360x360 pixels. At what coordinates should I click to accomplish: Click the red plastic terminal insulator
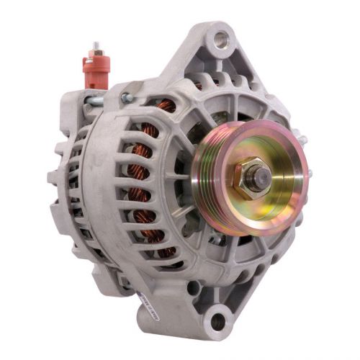point(96,72)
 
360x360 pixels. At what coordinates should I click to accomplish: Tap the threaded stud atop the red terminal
point(94,48)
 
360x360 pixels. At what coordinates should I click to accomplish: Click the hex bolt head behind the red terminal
point(127,97)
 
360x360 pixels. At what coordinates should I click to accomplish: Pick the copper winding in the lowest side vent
point(164,251)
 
